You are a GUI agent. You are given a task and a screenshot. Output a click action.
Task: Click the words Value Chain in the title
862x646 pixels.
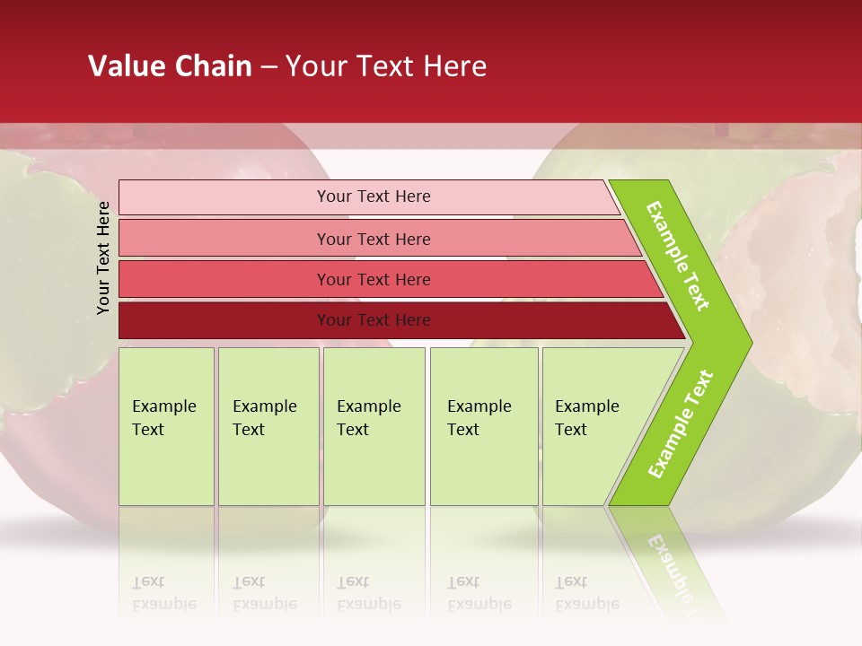(170, 66)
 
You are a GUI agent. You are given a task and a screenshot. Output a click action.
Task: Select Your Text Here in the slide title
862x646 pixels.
(386, 66)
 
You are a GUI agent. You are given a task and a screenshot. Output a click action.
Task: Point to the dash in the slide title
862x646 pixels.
(268, 66)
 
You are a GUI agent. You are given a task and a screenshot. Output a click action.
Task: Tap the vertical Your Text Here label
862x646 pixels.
(103, 258)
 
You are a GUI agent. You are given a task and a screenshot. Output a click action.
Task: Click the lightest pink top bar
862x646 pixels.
(373, 196)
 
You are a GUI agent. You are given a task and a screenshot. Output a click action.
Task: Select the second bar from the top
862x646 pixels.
(373, 239)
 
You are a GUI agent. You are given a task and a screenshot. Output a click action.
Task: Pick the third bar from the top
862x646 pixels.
(373, 279)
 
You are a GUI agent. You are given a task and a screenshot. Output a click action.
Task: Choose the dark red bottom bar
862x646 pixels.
(373, 320)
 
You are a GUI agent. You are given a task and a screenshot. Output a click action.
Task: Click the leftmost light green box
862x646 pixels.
(166, 426)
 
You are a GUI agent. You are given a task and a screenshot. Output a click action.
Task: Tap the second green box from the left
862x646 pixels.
(268, 426)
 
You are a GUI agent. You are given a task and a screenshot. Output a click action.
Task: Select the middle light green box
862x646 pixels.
(374, 426)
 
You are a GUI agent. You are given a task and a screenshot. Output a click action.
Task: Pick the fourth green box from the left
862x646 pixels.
(483, 426)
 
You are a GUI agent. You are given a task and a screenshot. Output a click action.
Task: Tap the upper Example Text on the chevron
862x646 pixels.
(678, 257)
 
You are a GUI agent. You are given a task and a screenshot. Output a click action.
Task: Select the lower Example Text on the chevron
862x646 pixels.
(681, 424)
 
